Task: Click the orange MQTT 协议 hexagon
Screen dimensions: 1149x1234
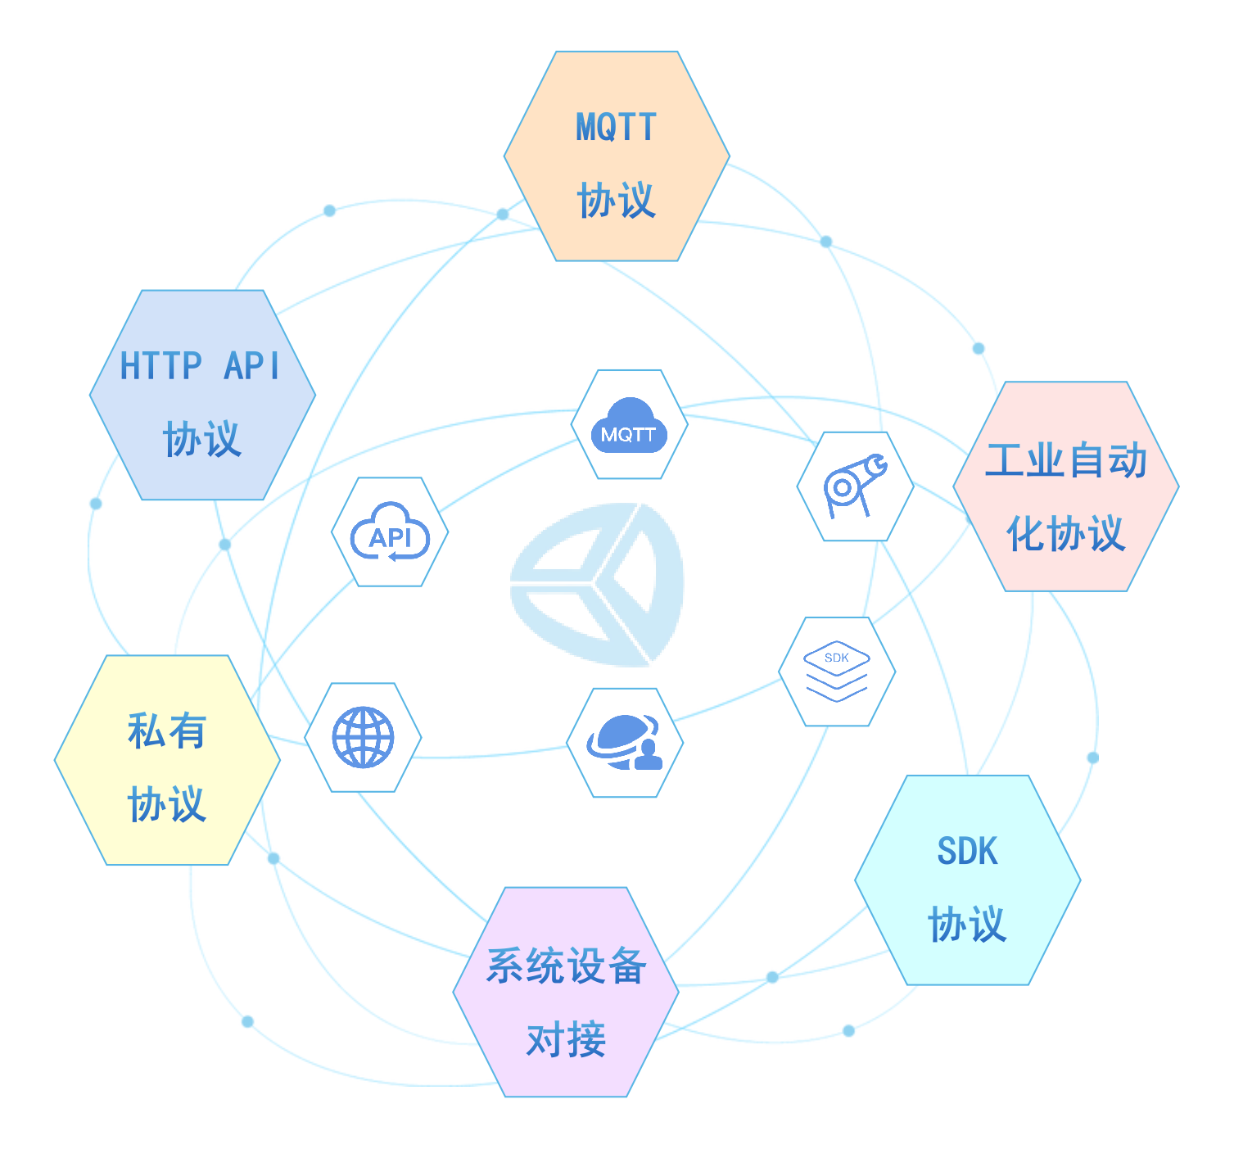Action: point(617,156)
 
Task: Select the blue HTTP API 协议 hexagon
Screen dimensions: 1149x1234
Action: point(202,395)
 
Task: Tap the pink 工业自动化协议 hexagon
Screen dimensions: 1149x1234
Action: point(1065,486)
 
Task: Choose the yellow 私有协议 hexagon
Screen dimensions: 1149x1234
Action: point(167,760)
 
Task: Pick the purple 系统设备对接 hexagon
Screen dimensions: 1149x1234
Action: point(566,992)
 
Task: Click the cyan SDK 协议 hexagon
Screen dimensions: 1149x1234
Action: point(967,880)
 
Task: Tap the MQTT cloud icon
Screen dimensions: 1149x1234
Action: point(629,425)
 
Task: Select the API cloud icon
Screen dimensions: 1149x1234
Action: point(390,532)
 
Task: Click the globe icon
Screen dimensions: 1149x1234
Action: point(363,737)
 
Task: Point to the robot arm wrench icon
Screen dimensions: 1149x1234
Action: point(855,486)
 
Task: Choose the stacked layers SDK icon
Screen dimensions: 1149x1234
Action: point(836,672)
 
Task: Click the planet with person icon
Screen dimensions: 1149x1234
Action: point(625,743)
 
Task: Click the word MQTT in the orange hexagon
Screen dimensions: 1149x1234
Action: point(616,128)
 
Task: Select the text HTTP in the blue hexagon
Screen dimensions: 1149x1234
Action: point(160,366)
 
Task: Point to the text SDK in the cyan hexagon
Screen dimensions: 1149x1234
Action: point(967,852)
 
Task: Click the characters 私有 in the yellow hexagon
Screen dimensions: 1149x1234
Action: point(167,731)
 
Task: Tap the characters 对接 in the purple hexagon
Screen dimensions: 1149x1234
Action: point(566,1040)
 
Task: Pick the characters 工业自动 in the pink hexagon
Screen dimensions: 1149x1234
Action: point(1065,460)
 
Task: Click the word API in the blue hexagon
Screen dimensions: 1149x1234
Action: point(252,366)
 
